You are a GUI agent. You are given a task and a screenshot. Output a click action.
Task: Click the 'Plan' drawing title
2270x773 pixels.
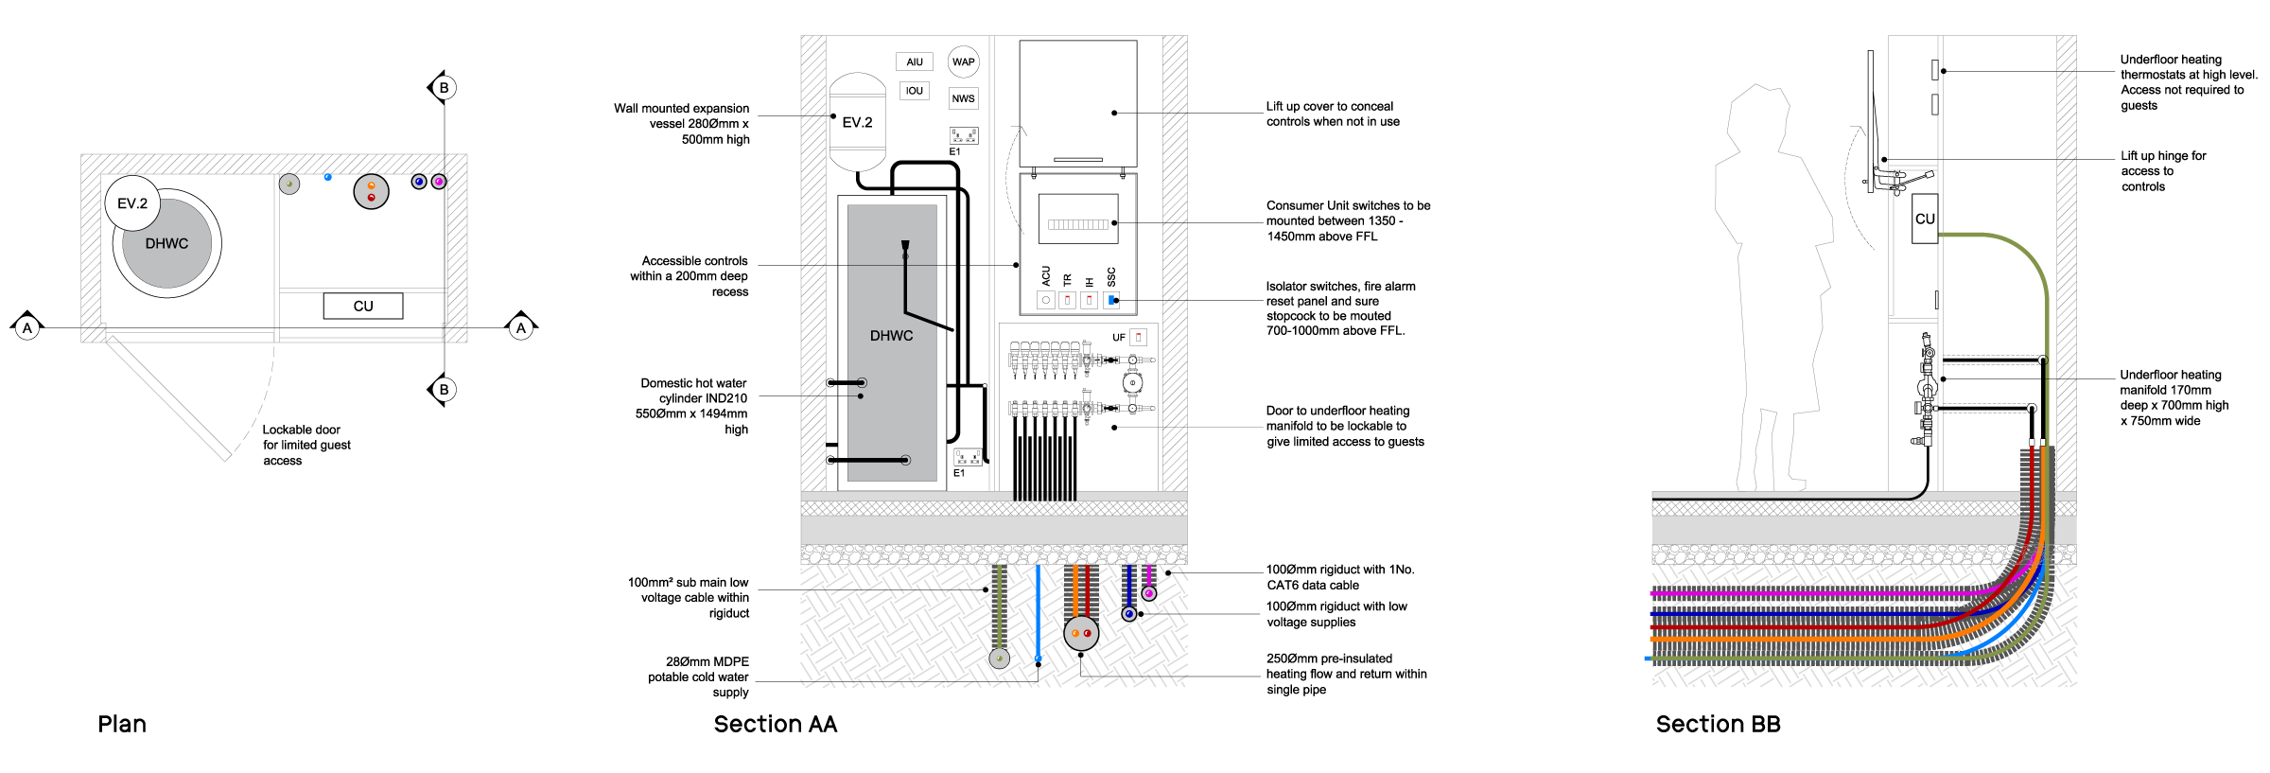[x=122, y=725]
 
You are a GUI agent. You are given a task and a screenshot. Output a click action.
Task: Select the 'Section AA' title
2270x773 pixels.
[x=776, y=725]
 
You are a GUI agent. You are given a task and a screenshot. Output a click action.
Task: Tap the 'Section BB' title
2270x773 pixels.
[x=1718, y=725]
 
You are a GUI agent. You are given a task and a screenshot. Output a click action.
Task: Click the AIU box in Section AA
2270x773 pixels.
[x=915, y=62]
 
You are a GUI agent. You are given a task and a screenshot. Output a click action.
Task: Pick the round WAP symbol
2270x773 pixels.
[x=963, y=62]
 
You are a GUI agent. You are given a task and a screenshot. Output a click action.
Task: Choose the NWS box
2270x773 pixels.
[x=963, y=98]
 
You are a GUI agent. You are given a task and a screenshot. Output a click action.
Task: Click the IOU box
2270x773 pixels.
[x=914, y=91]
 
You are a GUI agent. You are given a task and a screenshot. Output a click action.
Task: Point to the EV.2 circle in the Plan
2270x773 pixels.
[x=132, y=203]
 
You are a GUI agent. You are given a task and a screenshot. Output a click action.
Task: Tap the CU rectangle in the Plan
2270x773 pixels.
[x=363, y=306]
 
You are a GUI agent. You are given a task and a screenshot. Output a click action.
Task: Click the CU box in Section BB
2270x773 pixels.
[x=1925, y=219]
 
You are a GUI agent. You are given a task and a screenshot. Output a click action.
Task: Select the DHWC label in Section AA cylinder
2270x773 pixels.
[x=891, y=336]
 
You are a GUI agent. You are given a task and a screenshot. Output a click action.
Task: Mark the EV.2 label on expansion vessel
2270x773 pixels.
[x=857, y=123]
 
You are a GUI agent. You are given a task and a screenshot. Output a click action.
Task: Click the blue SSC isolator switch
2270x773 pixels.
[x=1111, y=301]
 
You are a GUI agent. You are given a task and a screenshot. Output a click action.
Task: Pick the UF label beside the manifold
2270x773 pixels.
[x=1119, y=338]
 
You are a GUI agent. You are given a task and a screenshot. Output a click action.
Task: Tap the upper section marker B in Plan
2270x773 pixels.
[x=443, y=88]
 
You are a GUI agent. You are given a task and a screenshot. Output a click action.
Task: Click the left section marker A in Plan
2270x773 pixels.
[x=27, y=327]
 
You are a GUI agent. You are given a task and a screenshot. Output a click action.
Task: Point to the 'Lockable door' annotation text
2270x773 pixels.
[x=301, y=430]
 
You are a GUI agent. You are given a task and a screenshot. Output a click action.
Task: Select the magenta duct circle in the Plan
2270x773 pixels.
[x=439, y=181]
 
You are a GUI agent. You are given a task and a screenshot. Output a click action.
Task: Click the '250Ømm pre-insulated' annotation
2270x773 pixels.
[x=1329, y=659]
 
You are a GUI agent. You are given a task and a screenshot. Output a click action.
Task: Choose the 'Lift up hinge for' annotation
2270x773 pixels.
[x=2163, y=156]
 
